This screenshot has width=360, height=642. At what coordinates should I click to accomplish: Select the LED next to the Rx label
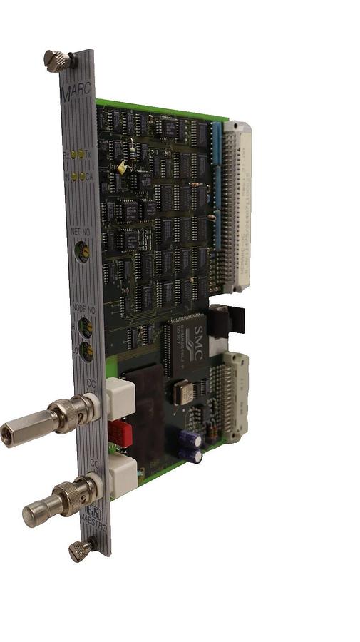74,154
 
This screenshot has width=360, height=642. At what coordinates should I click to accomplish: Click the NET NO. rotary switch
83,250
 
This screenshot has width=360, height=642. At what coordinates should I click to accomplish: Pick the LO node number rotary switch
86,351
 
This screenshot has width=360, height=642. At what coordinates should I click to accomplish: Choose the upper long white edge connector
237,207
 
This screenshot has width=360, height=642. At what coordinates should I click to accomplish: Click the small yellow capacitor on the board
123,166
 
